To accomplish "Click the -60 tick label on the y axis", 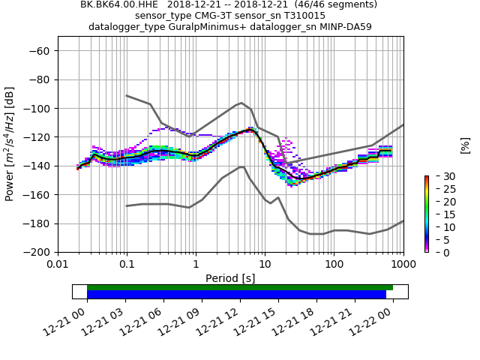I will click(39, 51).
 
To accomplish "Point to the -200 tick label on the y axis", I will click(36, 252).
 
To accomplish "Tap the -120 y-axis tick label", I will click(36, 137).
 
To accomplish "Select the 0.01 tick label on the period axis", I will click(58, 265).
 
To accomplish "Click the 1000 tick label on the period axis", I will click(403, 265).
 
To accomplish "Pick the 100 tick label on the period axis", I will click(334, 265).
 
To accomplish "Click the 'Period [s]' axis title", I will click(230, 278).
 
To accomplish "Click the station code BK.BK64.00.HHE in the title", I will click(119, 4).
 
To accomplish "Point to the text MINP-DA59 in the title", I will click(344, 27).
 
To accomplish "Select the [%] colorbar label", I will click(465, 145).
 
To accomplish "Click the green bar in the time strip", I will click(240, 287).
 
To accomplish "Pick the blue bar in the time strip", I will click(236, 295).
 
